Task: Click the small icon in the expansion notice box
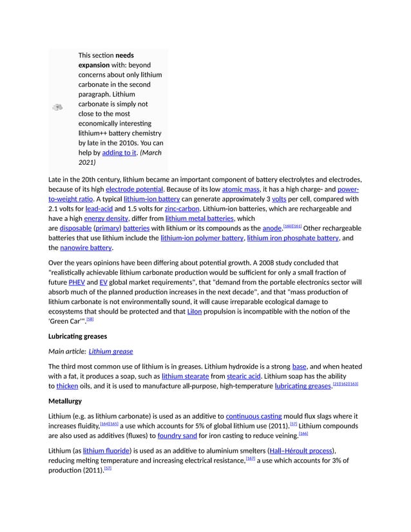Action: point(57,108)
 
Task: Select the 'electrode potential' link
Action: point(134,189)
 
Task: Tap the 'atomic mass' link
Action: point(240,189)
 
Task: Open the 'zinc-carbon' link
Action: point(182,209)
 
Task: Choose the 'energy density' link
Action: point(106,218)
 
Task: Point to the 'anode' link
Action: point(271,228)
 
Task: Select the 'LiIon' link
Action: point(194,311)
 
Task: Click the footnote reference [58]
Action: point(90,319)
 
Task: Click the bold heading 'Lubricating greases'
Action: point(77,336)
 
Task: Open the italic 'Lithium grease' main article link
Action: point(111,351)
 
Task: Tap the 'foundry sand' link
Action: point(177,435)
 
